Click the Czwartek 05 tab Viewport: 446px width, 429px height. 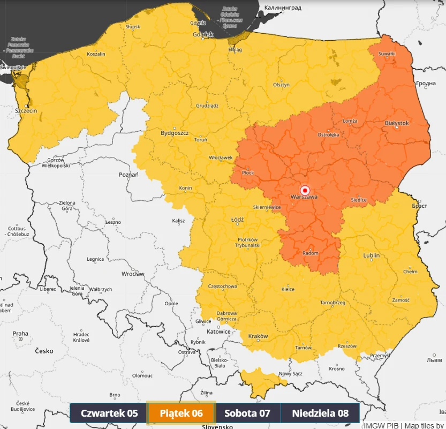pos(109,413)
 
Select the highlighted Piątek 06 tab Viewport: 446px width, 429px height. pos(181,413)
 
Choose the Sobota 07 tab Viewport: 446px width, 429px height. pos(247,413)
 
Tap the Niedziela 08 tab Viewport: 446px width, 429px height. pos(320,413)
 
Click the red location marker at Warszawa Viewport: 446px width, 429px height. pos(305,190)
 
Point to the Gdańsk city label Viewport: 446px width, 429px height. pos(203,35)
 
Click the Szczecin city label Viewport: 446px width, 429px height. pos(26,110)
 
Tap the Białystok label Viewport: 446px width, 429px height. pos(397,123)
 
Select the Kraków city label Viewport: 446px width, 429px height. pos(258,336)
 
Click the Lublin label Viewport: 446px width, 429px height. pos(371,255)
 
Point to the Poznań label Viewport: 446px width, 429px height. pos(128,175)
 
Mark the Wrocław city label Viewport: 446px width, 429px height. pos(133,274)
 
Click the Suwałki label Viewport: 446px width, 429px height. pos(387,54)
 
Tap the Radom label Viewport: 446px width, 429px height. pos(310,253)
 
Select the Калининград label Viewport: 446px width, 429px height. pos(283,8)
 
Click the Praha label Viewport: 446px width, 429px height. pos(20,334)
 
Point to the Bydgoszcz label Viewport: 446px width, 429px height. pos(175,133)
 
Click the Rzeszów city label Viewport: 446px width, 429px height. pos(347,346)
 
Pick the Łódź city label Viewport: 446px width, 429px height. pos(237,220)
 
